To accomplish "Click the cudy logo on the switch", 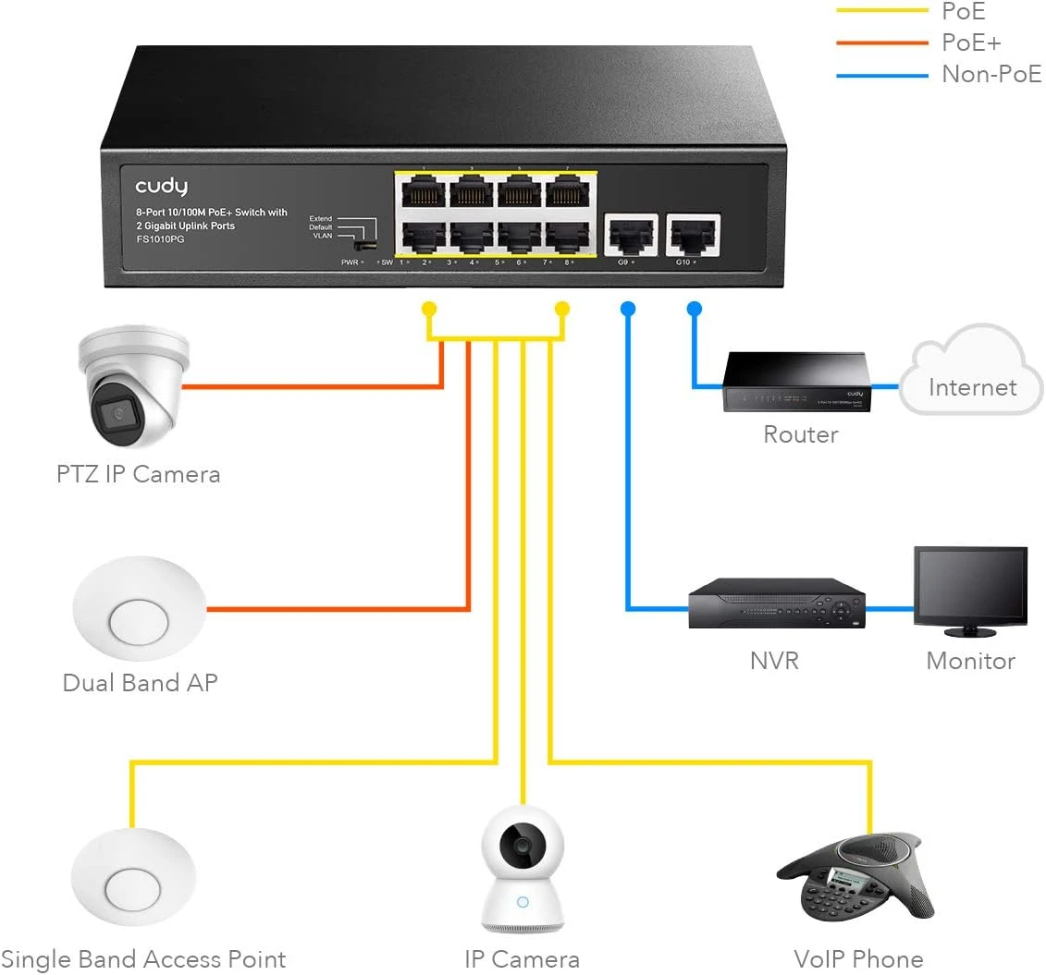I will pos(161,187).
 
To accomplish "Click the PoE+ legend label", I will pos(971,43).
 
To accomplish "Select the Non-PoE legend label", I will pos(991,74).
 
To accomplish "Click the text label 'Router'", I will pos(800,434).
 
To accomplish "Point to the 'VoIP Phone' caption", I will pos(858,959).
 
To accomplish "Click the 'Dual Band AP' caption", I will pos(140,683).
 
